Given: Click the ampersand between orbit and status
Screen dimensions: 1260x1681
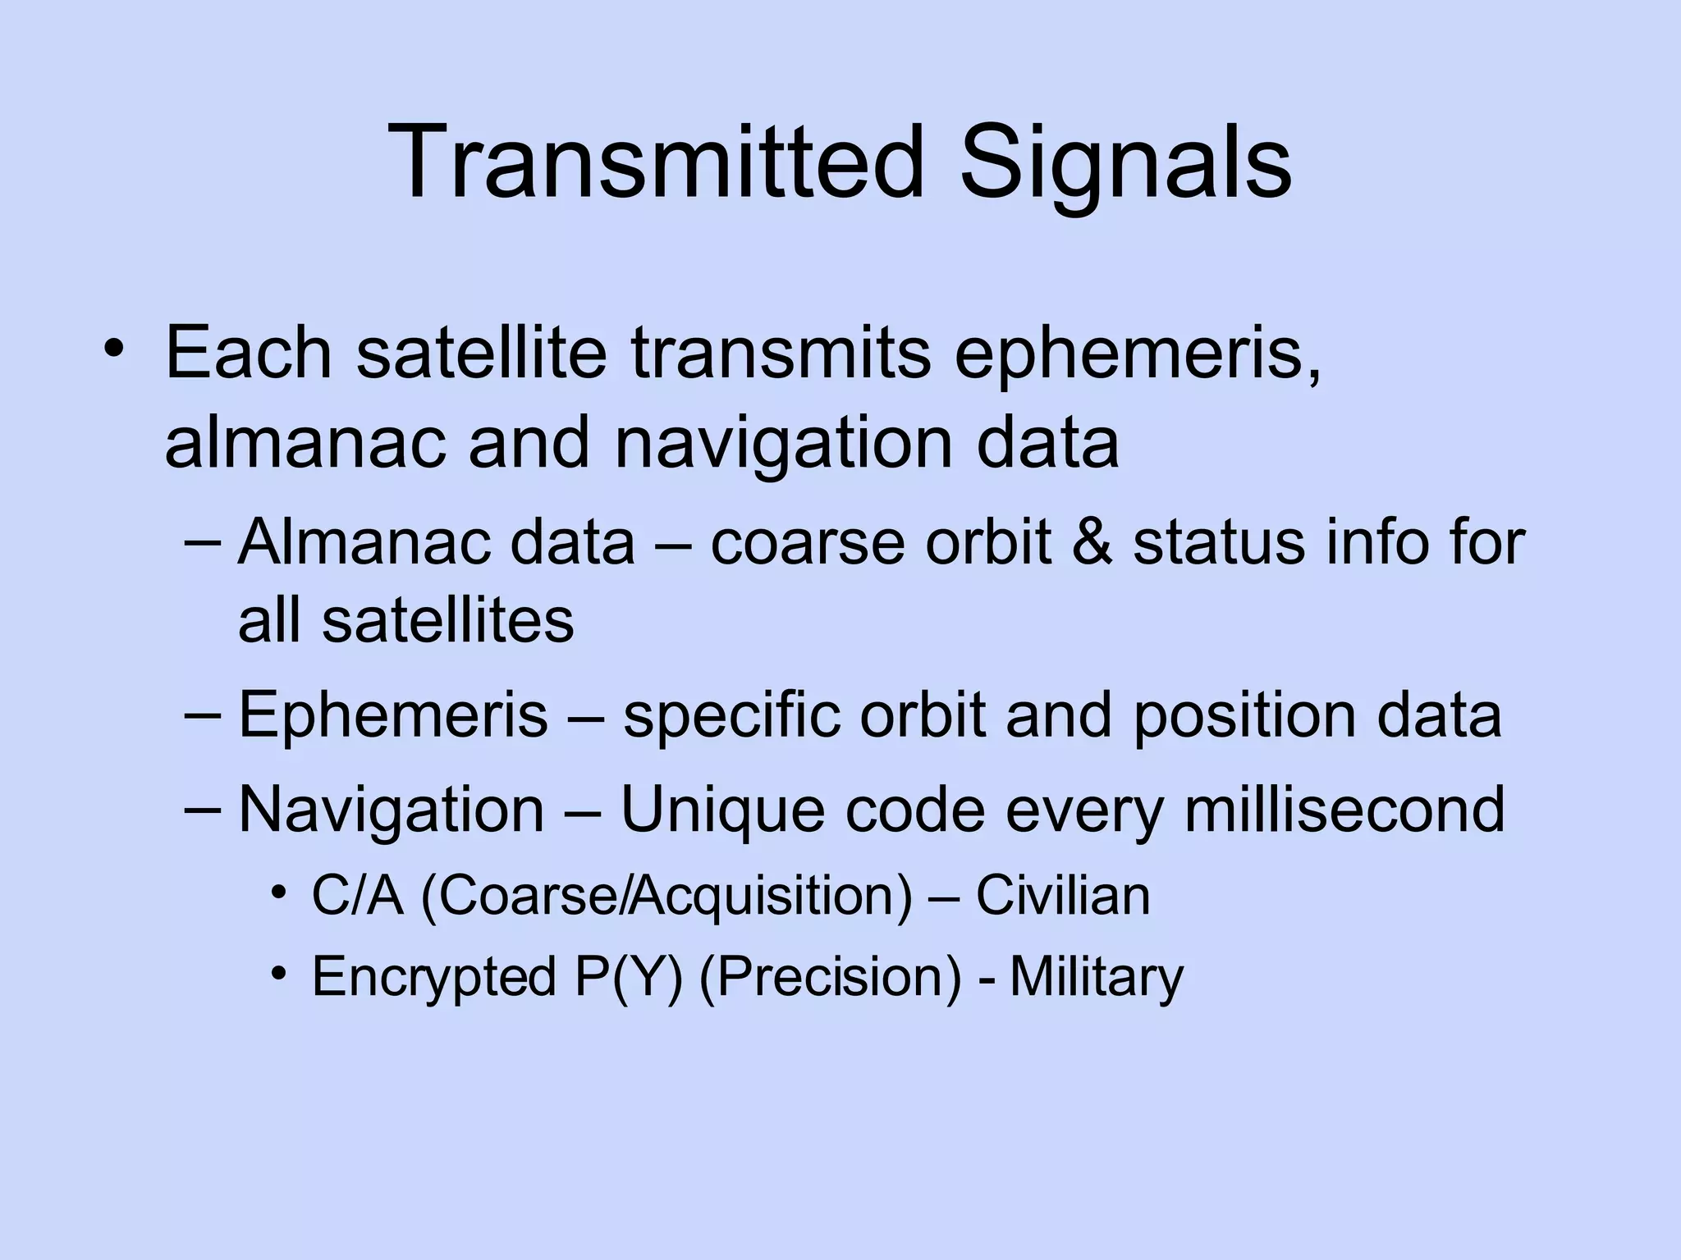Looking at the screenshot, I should (1092, 542).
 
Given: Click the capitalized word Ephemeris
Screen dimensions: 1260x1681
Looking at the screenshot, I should (392, 714).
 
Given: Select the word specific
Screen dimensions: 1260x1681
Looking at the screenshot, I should (731, 714).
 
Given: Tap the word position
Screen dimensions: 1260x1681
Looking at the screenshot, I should (1244, 714).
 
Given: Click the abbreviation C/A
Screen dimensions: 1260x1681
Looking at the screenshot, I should (358, 895).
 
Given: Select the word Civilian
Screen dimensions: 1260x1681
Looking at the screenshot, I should (1062, 895).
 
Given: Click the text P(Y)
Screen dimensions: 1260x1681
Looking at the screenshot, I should (629, 976).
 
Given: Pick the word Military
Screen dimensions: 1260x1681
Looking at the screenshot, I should (1096, 976).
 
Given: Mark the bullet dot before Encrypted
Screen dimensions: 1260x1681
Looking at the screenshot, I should (280, 973).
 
